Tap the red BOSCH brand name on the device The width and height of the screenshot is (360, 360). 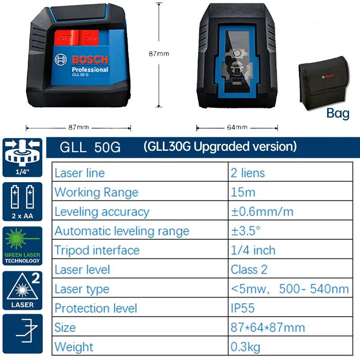click(x=90, y=60)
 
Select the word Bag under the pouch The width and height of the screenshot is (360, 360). click(x=338, y=113)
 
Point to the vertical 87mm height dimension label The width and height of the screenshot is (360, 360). click(x=159, y=54)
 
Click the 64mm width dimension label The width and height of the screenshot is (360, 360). click(x=237, y=127)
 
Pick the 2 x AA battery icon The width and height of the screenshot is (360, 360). click(x=22, y=202)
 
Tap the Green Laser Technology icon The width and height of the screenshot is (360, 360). click(x=22, y=246)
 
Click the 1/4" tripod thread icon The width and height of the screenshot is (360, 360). click(x=22, y=157)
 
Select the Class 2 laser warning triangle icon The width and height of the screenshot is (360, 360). click(x=22, y=290)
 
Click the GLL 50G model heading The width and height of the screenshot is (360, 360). click(x=90, y=147)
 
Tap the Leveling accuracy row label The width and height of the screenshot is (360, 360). click(x=102, y=212)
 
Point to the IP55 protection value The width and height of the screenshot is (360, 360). click(x=243, y=308)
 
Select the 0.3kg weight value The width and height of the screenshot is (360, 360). click(x=245, y=347)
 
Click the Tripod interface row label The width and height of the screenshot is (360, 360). click(x=97, y=250)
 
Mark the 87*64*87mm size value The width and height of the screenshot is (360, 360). click(x=268, y=328)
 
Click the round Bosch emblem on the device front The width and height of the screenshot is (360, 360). click(x=61, y=60)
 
